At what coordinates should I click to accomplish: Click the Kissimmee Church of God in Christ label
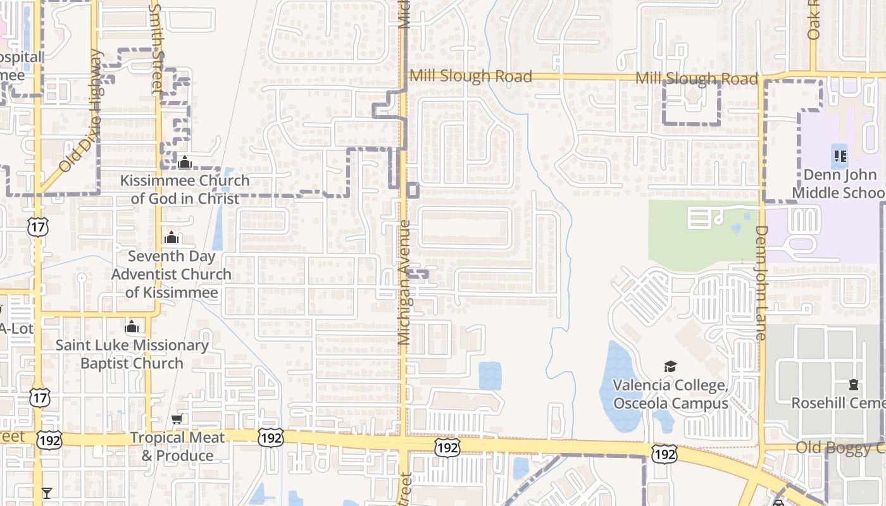point(185,189)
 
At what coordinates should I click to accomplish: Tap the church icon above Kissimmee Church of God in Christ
point(185,163)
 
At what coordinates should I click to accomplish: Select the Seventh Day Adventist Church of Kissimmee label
point(172,275)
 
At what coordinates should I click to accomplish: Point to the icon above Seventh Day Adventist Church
point(171,237)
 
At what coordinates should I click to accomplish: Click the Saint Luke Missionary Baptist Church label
point(132,354)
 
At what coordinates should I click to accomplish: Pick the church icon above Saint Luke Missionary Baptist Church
point(132,326)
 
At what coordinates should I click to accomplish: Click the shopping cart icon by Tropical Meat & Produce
point(177,419)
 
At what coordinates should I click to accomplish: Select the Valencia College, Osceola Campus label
point(670,394)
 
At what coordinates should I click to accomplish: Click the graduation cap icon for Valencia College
point(670,366)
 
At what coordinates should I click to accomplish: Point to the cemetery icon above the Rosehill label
point(853,384)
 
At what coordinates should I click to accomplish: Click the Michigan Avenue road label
point(404,282)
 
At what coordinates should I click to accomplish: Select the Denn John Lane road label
point(761,283)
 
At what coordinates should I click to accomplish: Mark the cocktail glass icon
point(47,493)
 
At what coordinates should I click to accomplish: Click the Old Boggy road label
point(839,448)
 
